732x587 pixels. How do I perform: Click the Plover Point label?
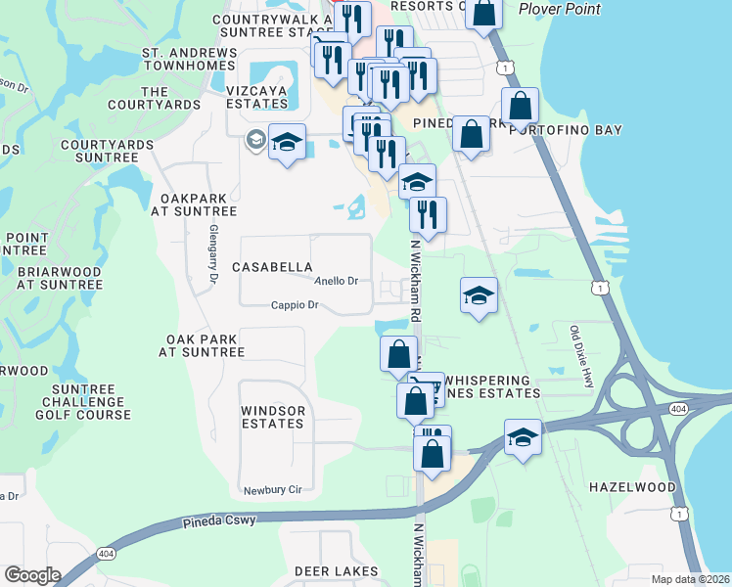(x=560, y=9)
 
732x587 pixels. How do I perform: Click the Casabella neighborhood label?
(x=272, y=267)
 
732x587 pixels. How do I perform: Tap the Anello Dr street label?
(x=336, y=281)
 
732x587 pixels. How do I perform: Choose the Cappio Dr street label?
(x=296, y=305)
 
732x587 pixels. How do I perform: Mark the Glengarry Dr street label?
(x=212, y=255)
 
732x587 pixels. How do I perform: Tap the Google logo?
(x=31, y=575)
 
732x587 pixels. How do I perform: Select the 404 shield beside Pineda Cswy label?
(x=104, y=555)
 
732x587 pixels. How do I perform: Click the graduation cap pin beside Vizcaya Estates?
(x=287, y=143)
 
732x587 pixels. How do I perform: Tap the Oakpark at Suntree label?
(x=199, y=204)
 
